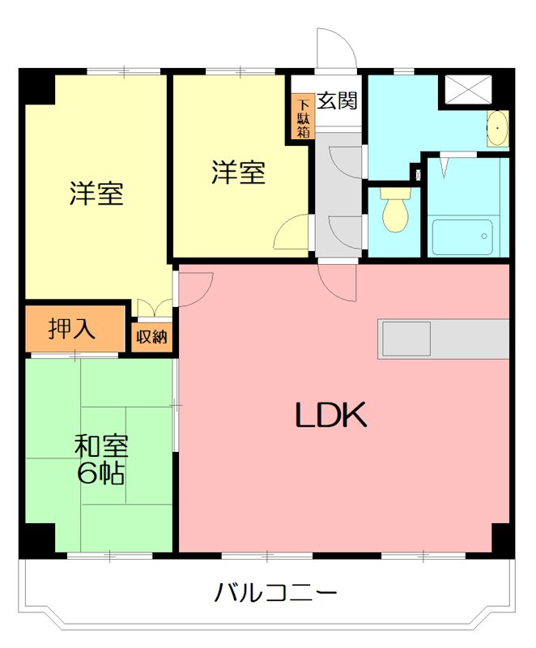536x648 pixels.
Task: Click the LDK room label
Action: tap(331, 415)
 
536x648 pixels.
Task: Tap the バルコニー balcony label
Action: tap(275, 594)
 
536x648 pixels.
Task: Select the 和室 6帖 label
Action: tap(100, 459)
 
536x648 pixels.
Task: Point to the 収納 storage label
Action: tap(151, 336)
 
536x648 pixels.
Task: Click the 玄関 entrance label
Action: tap(337, 101)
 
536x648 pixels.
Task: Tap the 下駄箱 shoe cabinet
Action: tap(303, 117)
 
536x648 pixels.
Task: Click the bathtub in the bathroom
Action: tap(461, 236)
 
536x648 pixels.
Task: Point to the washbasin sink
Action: tap(498, 128)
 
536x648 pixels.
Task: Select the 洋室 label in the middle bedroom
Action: tap(238, 173)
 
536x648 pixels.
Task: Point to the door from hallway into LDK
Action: tap(337, 283)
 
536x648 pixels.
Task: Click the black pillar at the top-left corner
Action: tap(37, 86)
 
